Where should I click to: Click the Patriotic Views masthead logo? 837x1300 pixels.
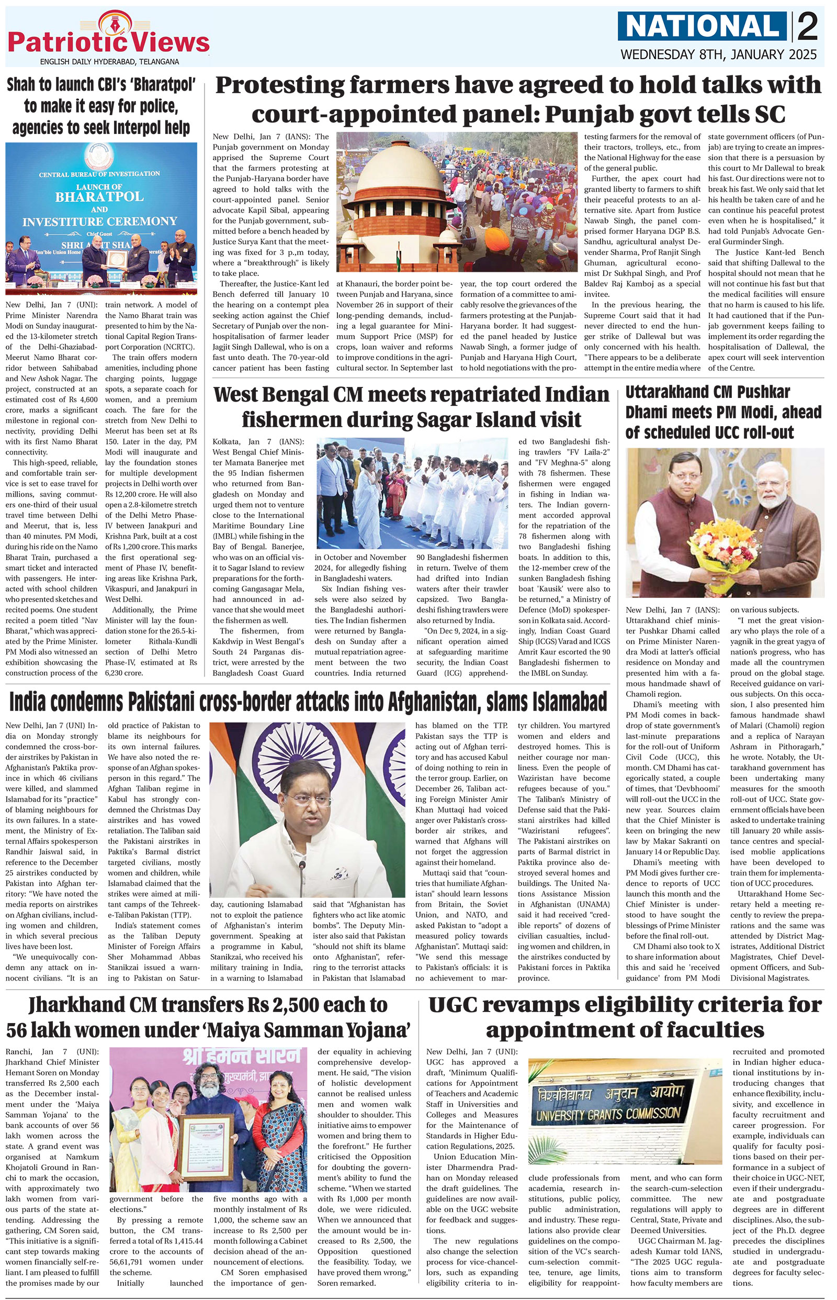109,39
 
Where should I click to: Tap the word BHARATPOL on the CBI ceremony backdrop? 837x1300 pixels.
99,196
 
